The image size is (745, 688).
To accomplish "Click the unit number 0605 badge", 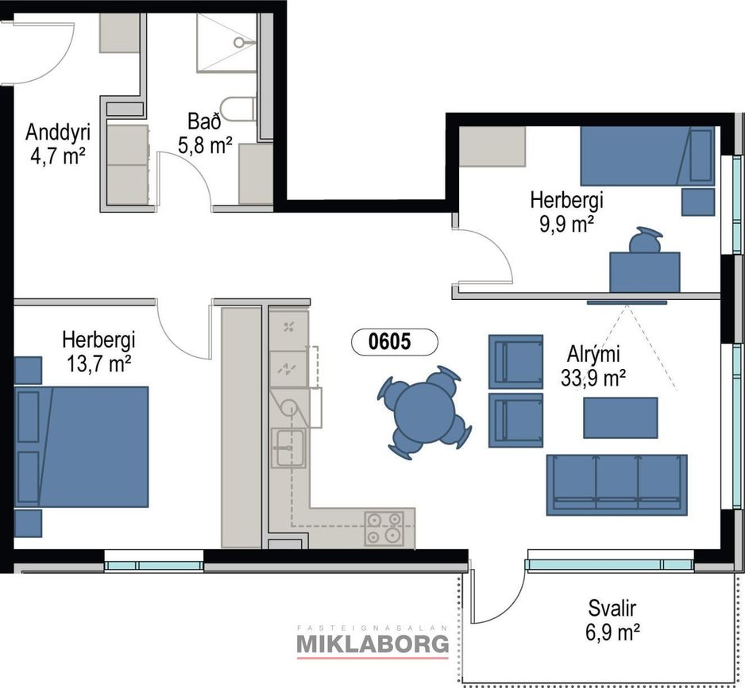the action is (x=395, y=342).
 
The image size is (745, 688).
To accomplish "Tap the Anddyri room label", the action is (x=58, y=132).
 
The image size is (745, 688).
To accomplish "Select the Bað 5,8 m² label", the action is (x=205, y=133).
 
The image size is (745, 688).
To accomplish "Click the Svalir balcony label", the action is (x=612, y=608).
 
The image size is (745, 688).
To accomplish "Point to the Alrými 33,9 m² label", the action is (x=593, y=366).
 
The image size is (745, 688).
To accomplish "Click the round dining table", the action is (x=424, y=412).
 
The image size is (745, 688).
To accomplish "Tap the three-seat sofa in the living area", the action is (x=616, y=485).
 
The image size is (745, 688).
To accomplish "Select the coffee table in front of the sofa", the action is (x=620, y=418).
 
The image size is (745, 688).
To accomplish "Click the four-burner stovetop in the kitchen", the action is (x=384, y=528).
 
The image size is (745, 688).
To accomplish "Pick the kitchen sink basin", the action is (x=288, y=448).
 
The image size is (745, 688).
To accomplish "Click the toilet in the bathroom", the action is (x=238, y=109).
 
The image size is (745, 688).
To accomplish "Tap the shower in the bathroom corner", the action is (x=227, y=43).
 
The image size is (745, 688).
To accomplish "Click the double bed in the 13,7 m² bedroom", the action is (x=81, y=447).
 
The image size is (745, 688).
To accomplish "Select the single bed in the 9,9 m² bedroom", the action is (x=647, y=156).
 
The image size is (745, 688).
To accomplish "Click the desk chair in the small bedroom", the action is (x=645, y=240).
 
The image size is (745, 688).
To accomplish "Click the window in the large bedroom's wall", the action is (x=153, y=566).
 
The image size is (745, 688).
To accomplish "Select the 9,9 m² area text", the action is (x=566, y=224).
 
